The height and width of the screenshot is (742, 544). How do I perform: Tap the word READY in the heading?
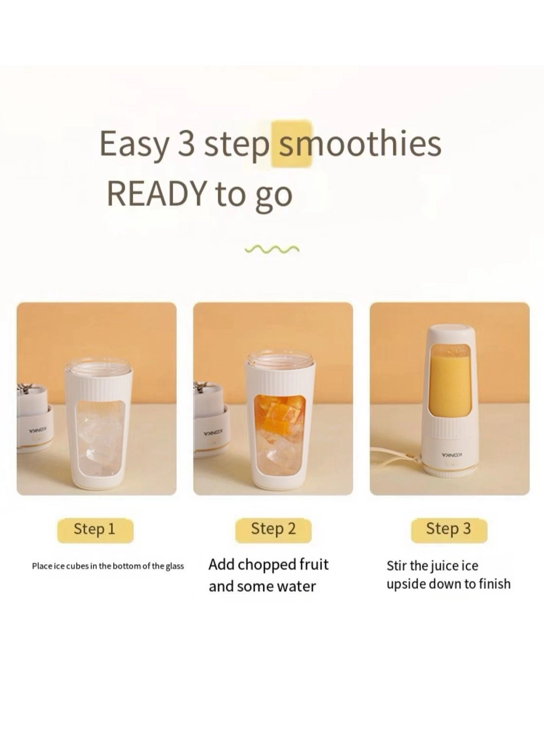pyautogui.click(x=157, y=193)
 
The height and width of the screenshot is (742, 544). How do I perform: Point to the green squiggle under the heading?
pyautogui.click(x=272, y=249)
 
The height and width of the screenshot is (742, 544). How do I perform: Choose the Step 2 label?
pyautogui.click(x=273, y=529)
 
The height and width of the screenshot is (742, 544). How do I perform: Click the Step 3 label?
pyautogui.click(x=449, y=529)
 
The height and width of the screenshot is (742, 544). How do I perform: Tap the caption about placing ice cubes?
pyautogui.click(x=108, y=566)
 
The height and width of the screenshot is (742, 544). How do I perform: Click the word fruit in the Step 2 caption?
pyautogui.click(x=314, y=564)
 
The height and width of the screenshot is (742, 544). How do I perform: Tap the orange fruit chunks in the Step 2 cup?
pyautogui.click(x=278, y=414)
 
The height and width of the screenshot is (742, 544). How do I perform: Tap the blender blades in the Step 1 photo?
pyautogui.click(x=25, y=389)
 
